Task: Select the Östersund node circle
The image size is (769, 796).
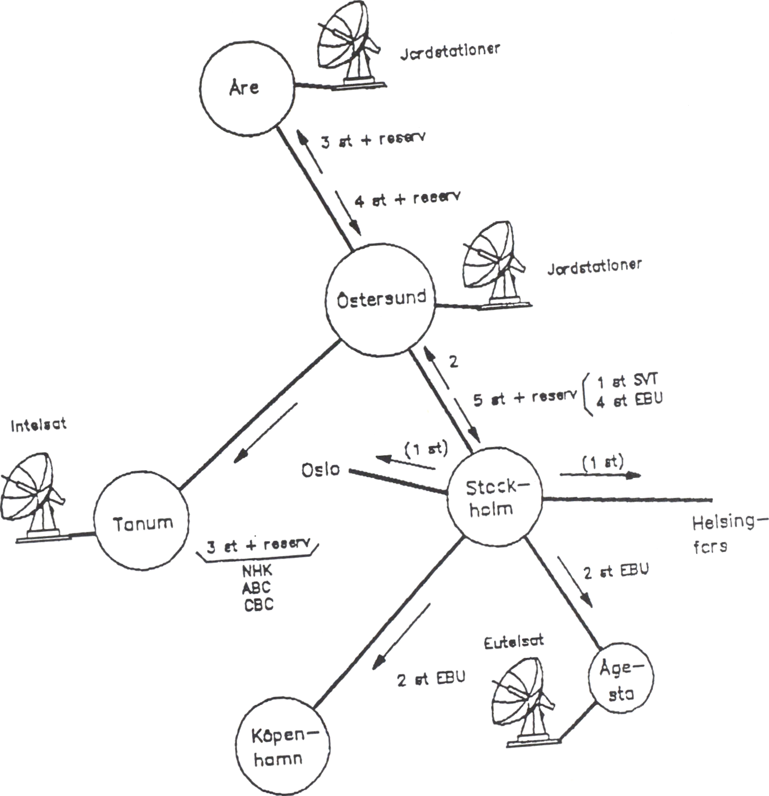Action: [381, 300]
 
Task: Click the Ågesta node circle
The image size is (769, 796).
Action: [621, 680]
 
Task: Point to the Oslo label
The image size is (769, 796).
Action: [320, 470]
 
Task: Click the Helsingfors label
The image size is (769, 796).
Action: [727, 534]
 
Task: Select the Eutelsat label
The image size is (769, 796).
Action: [513, 642]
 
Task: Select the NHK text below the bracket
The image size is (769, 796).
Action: [257, 570]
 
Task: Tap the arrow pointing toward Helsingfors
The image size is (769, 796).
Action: [600, 475]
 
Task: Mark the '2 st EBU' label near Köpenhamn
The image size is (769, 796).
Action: [430, 679]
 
